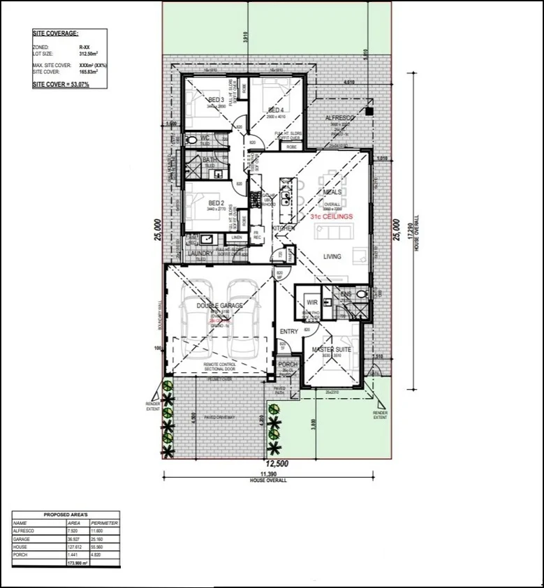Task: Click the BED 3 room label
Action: [x=216, y=100]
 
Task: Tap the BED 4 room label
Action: [x=275, y=110]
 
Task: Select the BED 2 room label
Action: [x=214, y=203]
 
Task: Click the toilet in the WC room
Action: [x=192, y=140]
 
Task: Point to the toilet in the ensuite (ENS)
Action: [x=360, y=295]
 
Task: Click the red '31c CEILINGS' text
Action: [x=332, y=217]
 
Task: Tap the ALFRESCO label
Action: [x=340, y=119]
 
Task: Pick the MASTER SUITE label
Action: [x=331, y=349]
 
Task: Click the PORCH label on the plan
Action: [x=288, y=365]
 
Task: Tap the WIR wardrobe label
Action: [x=311, y=302]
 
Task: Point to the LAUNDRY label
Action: [x=200, y=253]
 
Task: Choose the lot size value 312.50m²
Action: [x=89, y=52]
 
